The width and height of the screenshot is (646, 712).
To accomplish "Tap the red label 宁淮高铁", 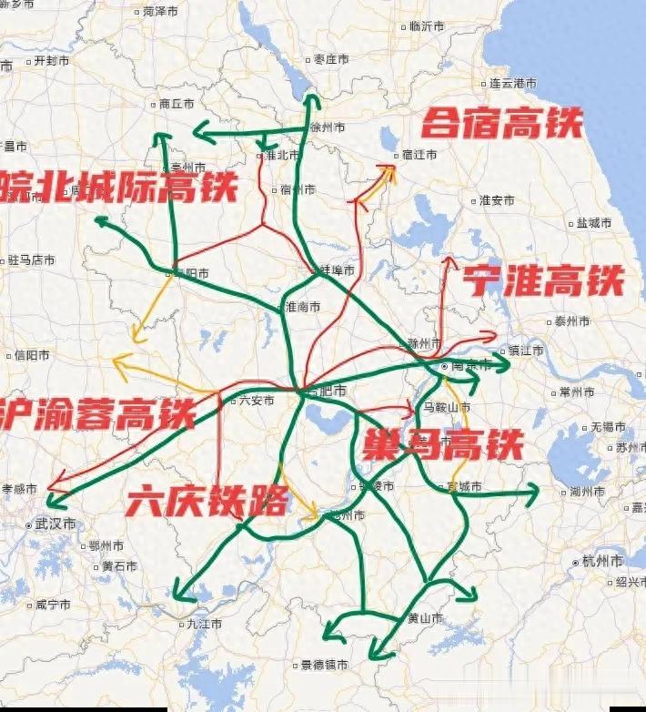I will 544,281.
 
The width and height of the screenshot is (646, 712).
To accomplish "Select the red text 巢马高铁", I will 443,445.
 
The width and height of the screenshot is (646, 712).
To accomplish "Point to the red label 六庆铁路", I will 207,500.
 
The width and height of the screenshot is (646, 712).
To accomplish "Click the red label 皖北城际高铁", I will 118,187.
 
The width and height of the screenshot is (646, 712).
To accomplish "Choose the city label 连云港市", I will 513,83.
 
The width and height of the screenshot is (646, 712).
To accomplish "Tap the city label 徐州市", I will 328,127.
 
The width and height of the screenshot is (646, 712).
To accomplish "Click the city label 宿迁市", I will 419,155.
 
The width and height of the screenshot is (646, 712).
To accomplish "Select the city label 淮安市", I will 497,200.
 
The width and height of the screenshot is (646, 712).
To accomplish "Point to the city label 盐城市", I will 593,222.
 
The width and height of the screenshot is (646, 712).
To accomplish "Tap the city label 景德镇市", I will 325,666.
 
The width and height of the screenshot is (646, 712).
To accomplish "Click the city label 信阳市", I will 32,355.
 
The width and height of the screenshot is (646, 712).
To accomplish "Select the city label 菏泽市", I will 159,12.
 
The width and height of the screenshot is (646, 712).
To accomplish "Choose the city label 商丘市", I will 176,105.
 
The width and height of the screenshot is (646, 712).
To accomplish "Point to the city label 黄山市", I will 424,618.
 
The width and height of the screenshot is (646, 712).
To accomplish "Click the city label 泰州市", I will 573,321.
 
